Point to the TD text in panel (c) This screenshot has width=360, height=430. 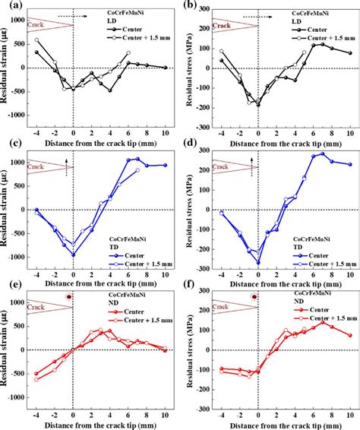(x=100, y=226)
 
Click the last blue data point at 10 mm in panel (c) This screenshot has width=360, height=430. (x=166, y=165)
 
